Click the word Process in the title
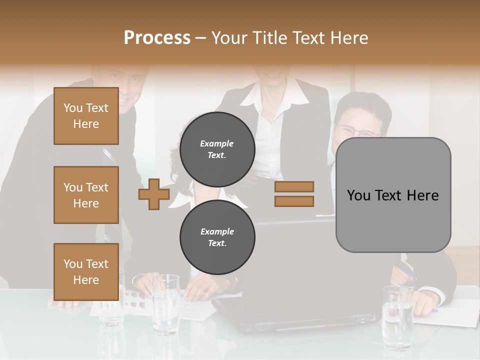pos(157,38)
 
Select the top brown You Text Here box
pos(86,116)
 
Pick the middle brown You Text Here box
pos(86,195)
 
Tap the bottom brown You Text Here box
pos(86,271)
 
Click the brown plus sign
pos(154,194)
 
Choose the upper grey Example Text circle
pos(217,149)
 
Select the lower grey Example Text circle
pos(217,237)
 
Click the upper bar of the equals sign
pos(294,186)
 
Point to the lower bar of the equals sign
pos(294,201)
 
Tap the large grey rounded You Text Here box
pos(393,195)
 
